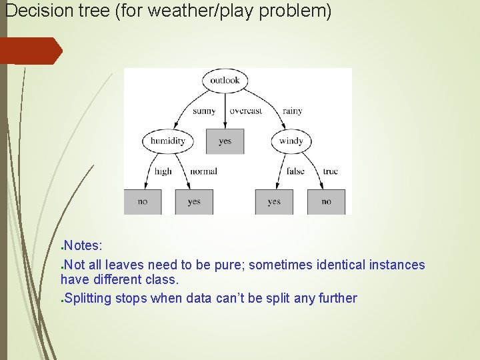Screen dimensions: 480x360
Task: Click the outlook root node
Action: [x=225, y=81]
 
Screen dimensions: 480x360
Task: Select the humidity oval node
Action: [x=167, y=141]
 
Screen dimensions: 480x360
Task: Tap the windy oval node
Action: [x=291, y=141]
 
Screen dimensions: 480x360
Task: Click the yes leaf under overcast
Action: [x=225, y=141]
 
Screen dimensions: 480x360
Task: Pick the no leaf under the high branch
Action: [x=143, y=201]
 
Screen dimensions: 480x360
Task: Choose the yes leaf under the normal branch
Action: [x=194, y=201]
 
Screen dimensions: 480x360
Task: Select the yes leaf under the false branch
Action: [x=274, y=201]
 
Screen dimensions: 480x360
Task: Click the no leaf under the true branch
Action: [x=326, y=201]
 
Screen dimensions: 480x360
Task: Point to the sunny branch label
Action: [x=204, y=111]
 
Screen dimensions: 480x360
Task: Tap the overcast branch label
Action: [x=245, y=111]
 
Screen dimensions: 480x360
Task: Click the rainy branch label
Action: [x=292, y=111]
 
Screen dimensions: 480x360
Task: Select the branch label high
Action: [x=163, y=171]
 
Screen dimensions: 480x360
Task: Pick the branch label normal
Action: [x=203, y=171]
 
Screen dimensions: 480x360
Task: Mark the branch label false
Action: [x=295, y=171]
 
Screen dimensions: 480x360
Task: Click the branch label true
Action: [x=330, y=171]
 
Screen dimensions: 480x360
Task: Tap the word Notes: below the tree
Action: [x=83, y=248]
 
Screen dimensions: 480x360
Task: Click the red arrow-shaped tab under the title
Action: [x=30, y=51]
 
